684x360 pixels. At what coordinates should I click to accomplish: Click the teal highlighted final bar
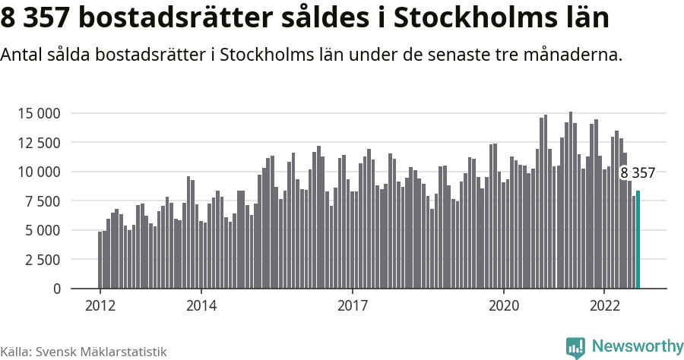(x=638, y=240)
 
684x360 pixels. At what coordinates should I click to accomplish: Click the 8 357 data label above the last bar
(x=637, y=173)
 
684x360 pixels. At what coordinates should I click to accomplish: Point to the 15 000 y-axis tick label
(x=39, y=114)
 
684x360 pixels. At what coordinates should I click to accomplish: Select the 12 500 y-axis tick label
(x=39, y=143)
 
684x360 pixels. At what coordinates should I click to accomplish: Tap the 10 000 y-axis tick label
(x=39, y=172)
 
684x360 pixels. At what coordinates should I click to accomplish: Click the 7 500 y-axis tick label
(x=43, y=201)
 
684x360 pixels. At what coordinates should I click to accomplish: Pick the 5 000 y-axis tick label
(x=43, y=231)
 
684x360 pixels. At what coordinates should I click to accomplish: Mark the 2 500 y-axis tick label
(x=43, y=260)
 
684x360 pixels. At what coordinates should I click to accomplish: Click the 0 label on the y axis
(x=56, y=289)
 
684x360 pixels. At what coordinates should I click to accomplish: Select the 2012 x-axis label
(x=100, y=306)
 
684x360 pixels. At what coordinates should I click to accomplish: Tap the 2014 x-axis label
(x=201, y=306)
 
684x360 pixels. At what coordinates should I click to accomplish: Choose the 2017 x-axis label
(x=352, y=306)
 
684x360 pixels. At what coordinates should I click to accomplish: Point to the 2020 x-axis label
(x=503, y=306)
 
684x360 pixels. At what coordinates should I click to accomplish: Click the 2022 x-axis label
(x=604, y=306)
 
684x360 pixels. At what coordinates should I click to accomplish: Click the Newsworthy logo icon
(x=575, y=347)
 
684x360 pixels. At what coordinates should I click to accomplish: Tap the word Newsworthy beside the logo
(x=637, y=346)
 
